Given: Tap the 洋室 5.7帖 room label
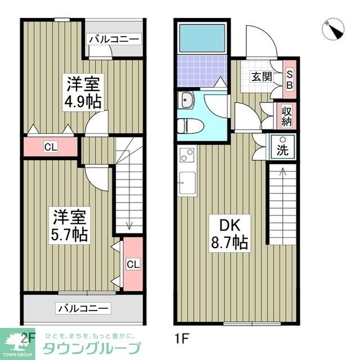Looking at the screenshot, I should coord(70,225).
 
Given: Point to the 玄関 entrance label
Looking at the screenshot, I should coord(259,76).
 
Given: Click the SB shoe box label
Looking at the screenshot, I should coord(290,79).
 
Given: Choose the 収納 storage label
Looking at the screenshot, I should coord(287,115).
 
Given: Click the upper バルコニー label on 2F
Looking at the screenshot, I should coord(113,40).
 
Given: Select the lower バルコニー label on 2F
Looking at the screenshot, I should coord(83,308).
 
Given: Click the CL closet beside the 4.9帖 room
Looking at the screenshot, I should coord(51,148).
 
